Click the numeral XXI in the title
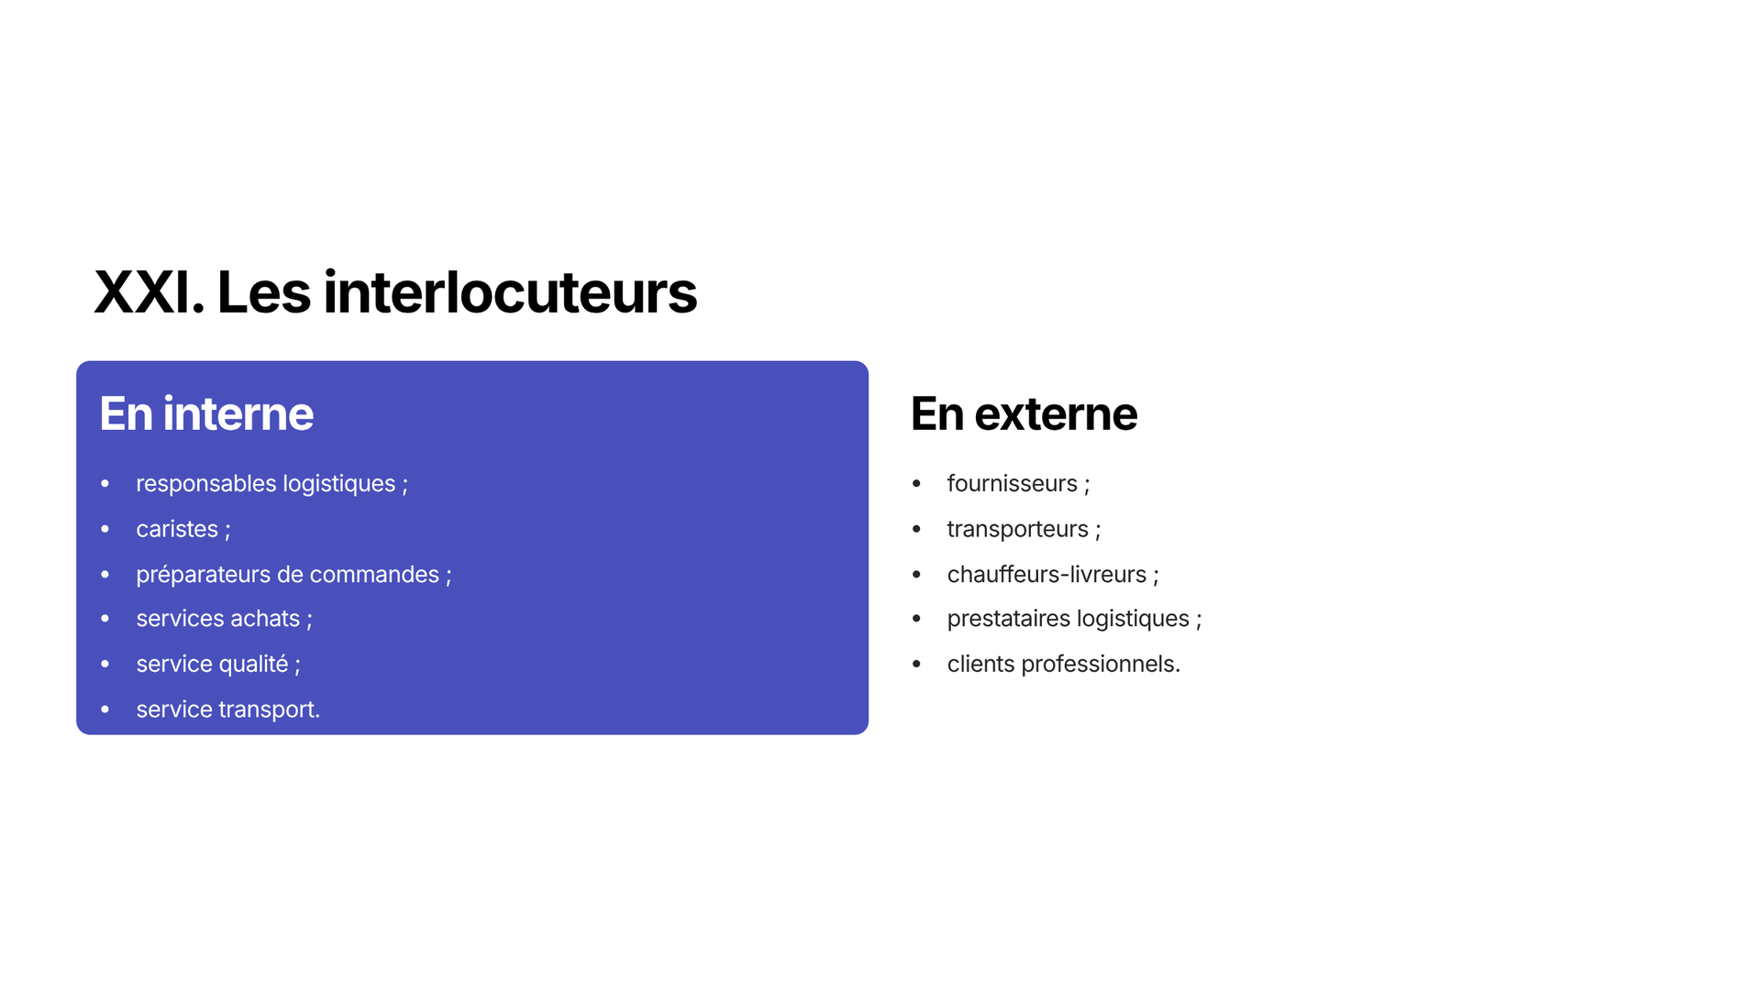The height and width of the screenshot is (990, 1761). click(149, 293)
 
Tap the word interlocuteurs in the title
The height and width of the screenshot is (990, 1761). click(510, 292)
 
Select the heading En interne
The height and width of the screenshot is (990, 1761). click(206, 413)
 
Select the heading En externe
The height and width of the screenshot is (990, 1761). click(1024, 413)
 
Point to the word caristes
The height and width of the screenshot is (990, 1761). click(177, 529)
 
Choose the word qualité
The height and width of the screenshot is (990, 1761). click(249, 664)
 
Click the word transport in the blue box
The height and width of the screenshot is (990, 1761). click(269, 709)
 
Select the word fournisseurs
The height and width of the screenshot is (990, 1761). click(1013, 483)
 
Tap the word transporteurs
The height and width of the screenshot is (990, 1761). click(1017, 530)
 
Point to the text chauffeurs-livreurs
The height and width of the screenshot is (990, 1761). click(1047, 574)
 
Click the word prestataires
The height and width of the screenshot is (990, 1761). click(1009, 619)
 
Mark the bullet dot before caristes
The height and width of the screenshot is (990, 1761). click(105, 529)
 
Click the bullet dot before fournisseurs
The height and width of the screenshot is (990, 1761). click(916, 483)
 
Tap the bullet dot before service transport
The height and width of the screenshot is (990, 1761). click(105, 709)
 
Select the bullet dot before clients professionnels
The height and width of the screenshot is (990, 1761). click(916, 664)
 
